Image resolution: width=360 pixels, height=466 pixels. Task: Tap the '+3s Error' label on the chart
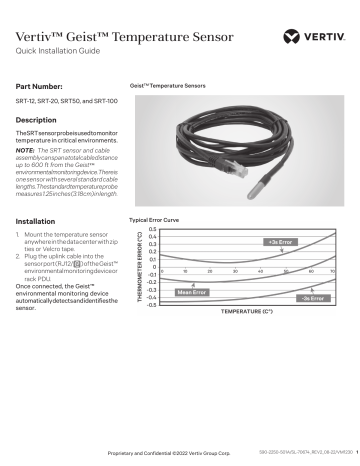[x=279, y=242]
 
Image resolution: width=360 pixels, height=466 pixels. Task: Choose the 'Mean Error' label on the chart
[x=191, y=292]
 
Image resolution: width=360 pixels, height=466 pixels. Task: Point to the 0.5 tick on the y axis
[x=152, y=229]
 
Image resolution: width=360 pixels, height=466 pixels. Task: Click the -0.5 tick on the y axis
[x=150, y=304]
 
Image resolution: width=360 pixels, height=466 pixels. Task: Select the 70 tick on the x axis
[x=334, y=271]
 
